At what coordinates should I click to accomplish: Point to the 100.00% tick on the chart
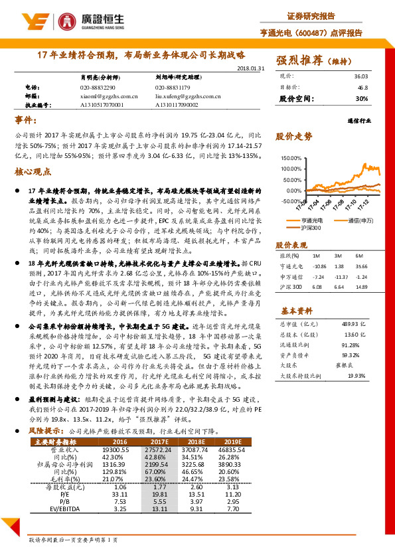[x=291, y=159]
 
